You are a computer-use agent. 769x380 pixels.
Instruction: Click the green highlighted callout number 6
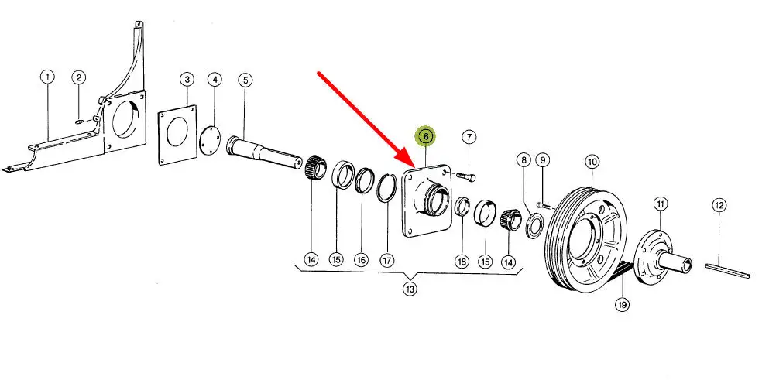point(426,136)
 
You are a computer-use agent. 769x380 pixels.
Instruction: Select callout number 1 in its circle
point(47,77)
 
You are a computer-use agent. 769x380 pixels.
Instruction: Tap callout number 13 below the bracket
point(410,289)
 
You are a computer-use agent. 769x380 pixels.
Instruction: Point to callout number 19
point(622,305)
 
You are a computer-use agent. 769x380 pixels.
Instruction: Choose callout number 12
point(719,205)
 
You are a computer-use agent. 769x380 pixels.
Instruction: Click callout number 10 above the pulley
point(592,161)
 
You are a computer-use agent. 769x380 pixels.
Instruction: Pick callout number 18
point(462,262)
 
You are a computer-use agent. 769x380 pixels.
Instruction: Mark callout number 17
point(387,259)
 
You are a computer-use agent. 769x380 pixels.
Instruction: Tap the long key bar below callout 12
point(728,271)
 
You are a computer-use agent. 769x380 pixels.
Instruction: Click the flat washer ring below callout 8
point(534,226)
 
